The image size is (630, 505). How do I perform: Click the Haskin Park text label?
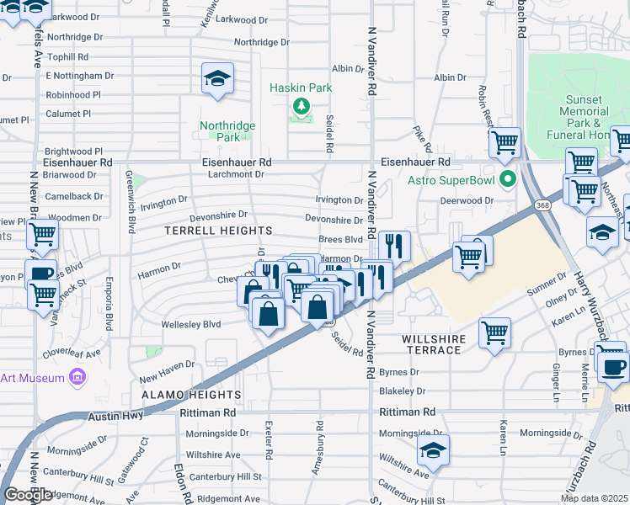pos(301,88)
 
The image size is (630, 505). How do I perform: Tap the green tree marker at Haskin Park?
pos(301,107)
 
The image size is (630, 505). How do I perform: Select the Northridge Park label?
pos(227,131)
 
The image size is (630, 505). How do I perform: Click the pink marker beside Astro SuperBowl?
pos(507,179)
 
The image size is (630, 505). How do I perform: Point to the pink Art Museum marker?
pos(77,377)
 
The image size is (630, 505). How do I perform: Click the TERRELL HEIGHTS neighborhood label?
pos(218,231)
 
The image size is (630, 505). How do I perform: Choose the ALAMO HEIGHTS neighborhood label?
pos(191,394)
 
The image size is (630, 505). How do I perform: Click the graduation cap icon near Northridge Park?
pos(218,80)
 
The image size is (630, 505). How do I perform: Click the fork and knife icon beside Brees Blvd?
pos(393,246)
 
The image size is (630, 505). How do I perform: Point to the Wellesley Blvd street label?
pos(192,323)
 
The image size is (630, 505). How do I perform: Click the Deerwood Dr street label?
pos(466,201)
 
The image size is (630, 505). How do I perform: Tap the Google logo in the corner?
pos(28,496)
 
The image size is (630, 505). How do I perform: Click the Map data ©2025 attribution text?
pos(594,498)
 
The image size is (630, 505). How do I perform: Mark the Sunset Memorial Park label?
pos(584,117)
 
